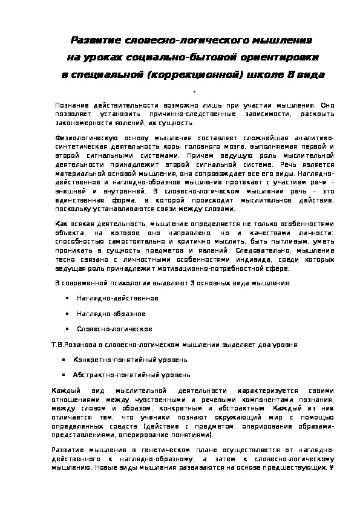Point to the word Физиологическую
pos(78,138)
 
